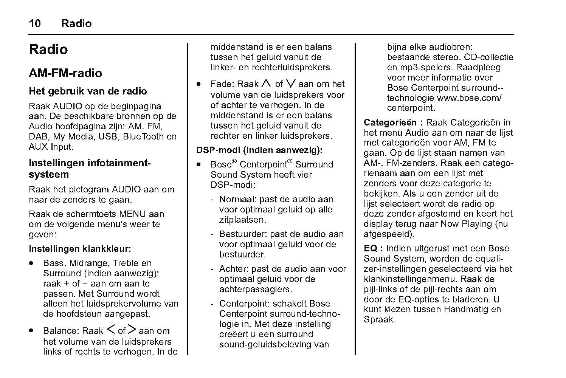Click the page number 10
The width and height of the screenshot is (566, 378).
click(x=34, y=23)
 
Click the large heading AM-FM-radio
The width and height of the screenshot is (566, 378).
click(x=65, y=73)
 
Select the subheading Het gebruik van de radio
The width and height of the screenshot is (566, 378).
click(x=88, y=91)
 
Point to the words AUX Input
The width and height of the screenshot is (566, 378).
click(x=51, y=147)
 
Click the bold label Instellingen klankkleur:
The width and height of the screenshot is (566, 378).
click(x=80, y=249)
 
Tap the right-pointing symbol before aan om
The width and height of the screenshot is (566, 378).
click(x=132, y=330)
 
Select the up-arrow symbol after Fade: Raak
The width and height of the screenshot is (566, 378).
click(x=266, y=84)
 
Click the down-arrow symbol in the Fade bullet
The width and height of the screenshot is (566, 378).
click(x=291, y=84)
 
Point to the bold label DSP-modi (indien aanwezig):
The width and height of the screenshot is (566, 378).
click(x=259, y=150)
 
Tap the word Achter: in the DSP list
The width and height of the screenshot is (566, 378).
click(x=234, y=269)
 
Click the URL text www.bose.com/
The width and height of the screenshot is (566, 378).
click(x=469, y=98)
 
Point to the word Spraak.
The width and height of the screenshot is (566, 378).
click(x=379, y=319)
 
